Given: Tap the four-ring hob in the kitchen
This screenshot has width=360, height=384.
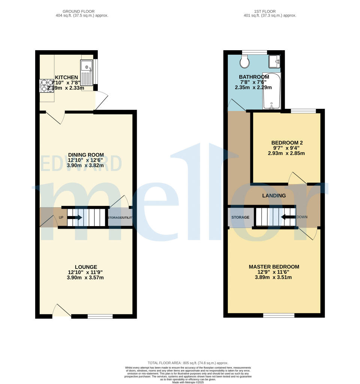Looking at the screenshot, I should (x=47, y=85).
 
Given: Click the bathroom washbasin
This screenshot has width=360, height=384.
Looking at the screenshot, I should (x=274, y=61).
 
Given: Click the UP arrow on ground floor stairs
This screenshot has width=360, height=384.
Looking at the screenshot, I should (x=75, y=217).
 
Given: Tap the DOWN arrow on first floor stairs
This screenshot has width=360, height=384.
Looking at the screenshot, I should (x=288, y=217).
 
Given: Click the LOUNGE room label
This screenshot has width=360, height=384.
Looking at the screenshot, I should (x=86, y=267).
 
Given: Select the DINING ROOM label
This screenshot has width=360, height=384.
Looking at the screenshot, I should (x=86, y=154).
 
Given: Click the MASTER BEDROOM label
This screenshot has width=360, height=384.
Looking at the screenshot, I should (x=274, y=267).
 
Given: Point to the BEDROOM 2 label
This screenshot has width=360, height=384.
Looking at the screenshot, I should (x=287, y=142).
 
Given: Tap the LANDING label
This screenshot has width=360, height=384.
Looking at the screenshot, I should (x=274, y=195).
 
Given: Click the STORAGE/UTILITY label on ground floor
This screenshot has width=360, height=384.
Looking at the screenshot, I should (x=120, y=217).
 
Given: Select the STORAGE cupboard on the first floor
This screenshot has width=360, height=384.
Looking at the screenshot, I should (x=240, y=217).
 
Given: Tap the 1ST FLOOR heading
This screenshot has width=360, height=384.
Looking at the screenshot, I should (x=270, y=11).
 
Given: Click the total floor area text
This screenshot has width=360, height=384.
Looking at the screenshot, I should (x=188, y=363).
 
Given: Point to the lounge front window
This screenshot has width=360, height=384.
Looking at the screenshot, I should (x=100, y=316).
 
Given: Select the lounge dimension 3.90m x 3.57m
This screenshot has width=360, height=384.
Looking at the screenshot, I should (x=86, y=277).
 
